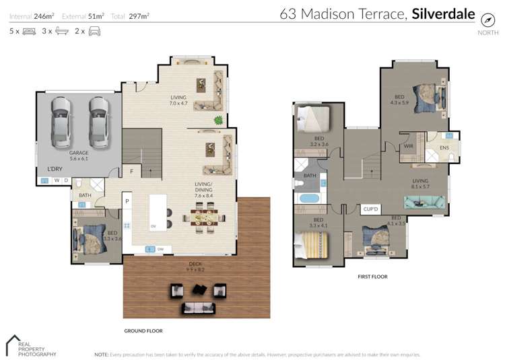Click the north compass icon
[x=487, y=20]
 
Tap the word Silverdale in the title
[x=443, y=13]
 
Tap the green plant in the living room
[x=218, y=120]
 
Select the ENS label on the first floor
[x=444, y=147]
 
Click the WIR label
[x=408, y=146]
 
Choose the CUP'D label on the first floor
[x=370, y=209]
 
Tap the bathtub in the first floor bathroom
[x=310, y=199]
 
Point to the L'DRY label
[x=55, y=168]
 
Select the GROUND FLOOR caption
[x=143, y=330]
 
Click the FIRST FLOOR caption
[x=372, y=277]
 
